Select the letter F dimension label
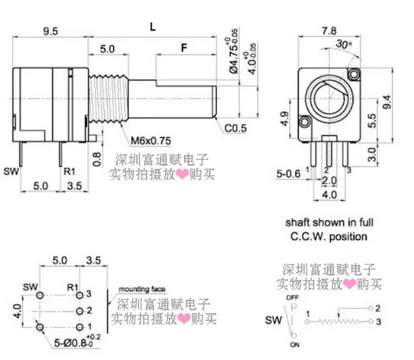coord(184,49)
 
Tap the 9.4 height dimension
coord(388,102)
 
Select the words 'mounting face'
coord(140,288)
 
